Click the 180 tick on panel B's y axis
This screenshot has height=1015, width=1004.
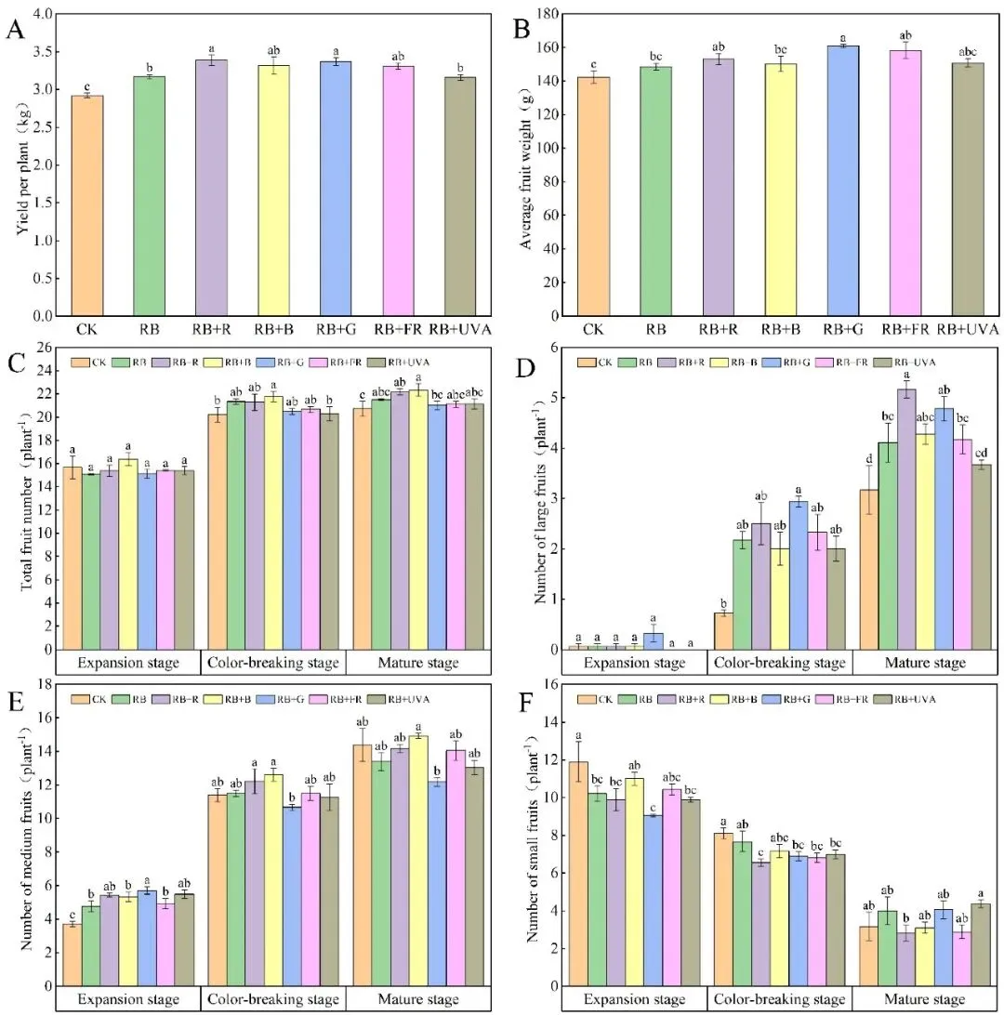click(546, 15)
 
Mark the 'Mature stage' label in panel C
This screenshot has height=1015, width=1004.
click(416, 663)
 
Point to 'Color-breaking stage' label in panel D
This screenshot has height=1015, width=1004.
click(778, 663)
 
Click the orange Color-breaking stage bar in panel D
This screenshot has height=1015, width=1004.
click(724, 630)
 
